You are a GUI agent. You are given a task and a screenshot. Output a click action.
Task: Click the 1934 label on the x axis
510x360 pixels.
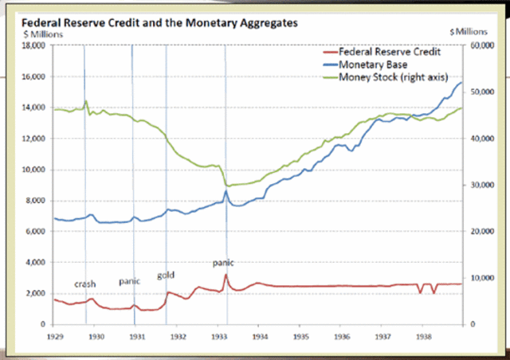pyautogui.click(x=259, y=337)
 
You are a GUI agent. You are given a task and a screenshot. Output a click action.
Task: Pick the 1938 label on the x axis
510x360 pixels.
pyautogui.click(x=423, y=337)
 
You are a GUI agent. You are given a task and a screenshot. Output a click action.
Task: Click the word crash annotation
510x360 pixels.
pyautogui.click(x=85, y=284)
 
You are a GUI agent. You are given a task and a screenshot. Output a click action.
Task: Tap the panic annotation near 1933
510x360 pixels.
pyautogui.click(x=222, y=262)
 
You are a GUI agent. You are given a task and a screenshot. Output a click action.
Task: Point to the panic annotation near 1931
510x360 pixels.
pyautogui.click(x=129, y=281)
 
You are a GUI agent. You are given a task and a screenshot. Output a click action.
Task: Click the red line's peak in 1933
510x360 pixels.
pyautogui.click(x=226, y=275)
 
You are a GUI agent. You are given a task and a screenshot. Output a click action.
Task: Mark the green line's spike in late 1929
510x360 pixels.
pyautogui.click(x=86, y=101)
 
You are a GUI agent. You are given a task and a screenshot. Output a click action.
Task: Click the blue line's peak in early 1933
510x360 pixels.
pyautogui.click(x=226, y=191)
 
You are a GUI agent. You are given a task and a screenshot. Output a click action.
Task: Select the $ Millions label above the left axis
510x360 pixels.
pyautogui.click(x=33, y=36)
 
